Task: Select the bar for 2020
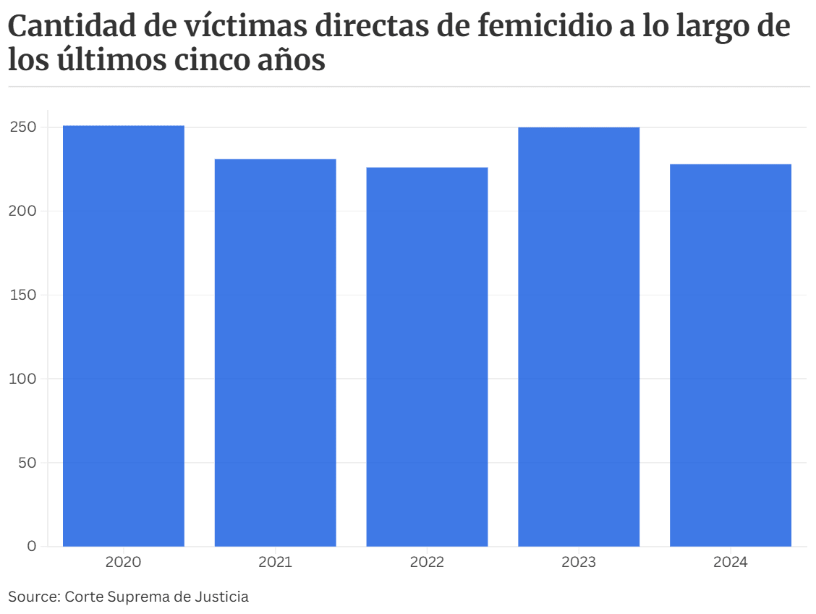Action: (124, 336)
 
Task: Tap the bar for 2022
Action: (427, 356)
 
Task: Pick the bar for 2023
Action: (579, 337)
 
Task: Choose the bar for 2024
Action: (731, 355)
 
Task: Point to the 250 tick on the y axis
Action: (23, 127)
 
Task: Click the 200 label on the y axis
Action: (23, 211)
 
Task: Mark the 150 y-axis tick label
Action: (23, 295)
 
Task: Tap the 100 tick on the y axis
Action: (23, 379)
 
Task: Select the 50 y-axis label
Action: (27, 463)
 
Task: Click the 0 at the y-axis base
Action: (31, 546)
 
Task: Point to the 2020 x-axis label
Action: (124, 563)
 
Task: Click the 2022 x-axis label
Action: (427, 563)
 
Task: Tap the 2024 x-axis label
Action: (731, 563)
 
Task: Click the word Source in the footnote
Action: (32, 597)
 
